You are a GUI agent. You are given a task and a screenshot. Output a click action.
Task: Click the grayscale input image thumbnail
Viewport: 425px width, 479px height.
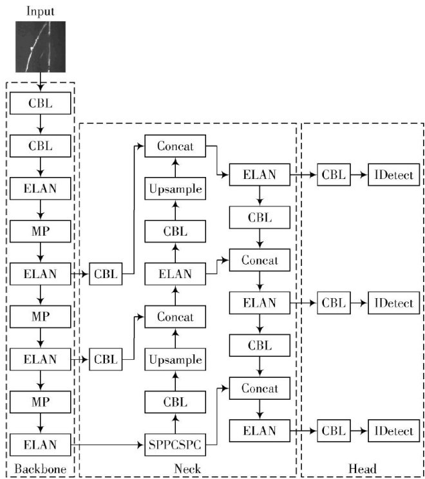[41, 46]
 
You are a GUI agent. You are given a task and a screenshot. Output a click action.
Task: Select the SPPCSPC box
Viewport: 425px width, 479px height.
[175, 444]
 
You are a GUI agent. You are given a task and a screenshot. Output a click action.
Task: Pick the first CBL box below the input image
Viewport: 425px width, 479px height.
[40, 103]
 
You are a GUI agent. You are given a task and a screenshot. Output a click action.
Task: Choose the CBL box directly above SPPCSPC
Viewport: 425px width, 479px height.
[175, 402]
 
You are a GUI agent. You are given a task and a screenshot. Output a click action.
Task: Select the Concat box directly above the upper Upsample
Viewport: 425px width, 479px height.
[175, 146]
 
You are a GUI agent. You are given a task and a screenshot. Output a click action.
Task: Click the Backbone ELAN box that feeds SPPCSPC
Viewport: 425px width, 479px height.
[40, 444]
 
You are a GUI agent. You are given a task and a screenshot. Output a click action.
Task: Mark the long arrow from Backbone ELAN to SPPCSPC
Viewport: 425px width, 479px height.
[106, 444]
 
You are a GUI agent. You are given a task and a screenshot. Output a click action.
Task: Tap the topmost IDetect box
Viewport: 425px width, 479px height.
[390, 174]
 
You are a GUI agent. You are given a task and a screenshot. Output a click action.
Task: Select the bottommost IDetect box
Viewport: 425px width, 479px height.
[390, 431]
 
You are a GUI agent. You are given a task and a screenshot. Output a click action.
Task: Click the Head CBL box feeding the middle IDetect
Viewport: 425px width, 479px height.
[334, 302]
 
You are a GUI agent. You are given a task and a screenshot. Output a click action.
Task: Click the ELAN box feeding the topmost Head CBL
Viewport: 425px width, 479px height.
[260, 174]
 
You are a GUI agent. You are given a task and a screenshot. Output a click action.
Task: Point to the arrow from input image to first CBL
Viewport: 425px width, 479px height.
[40, 82]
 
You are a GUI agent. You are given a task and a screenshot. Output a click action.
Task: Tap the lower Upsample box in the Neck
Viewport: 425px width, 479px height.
[175, 359]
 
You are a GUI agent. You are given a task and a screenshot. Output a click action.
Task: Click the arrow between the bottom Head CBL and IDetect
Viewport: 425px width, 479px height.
[359, 431]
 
